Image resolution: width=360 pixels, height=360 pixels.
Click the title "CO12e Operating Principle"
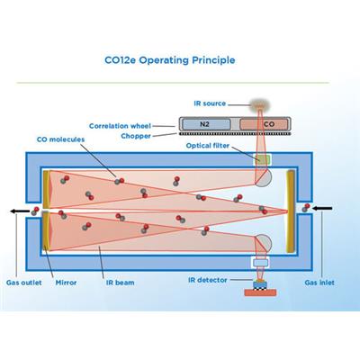tap(169, 60)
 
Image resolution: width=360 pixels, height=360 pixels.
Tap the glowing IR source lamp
tap(260, 105)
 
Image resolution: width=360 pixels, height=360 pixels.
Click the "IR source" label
tap(210, 103)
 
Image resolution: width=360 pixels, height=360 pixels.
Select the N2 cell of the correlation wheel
tap(206, 124)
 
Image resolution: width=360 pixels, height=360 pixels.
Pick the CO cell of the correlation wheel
tap(264, 124)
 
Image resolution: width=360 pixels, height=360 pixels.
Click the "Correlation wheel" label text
tap(120, 126)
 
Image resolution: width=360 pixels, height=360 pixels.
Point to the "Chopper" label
tap(136, 136)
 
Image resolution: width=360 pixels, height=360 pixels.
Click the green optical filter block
tap(262, 159)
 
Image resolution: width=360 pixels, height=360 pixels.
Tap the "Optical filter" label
tap(208, 146)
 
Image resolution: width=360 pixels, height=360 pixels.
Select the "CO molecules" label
tap(60, 139)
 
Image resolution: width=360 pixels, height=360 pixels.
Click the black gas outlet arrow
tap(20, 211)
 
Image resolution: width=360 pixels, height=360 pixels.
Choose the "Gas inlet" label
tap(319, 283)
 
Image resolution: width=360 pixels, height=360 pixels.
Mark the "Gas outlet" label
tap(24, 283)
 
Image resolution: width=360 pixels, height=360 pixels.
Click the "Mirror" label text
tap(66, 283)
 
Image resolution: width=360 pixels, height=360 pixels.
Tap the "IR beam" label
tap(120, 283)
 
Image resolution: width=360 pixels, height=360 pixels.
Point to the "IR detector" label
tap(208, 280)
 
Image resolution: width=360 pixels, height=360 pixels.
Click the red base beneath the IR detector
tap(260, 292)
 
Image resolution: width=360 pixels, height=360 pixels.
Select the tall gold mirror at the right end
tap(291, 211)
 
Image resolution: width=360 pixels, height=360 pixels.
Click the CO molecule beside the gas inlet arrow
tap(306, 208)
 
